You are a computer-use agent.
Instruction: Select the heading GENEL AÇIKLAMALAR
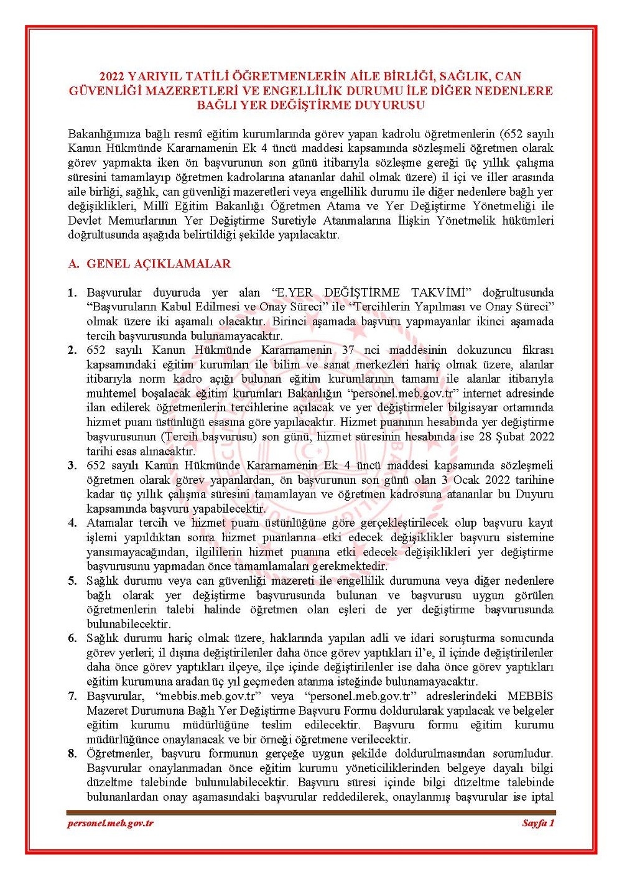point(159,264)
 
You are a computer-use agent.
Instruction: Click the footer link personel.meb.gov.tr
point(110,823)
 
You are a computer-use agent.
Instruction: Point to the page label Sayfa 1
point(537,823)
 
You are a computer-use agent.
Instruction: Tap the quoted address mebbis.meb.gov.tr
point(205,695)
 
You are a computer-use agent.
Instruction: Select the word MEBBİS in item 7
point(530,695)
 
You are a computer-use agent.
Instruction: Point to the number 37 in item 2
point(348,350)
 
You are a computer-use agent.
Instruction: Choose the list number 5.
point(73,581)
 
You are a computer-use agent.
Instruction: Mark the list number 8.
point(73,754)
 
